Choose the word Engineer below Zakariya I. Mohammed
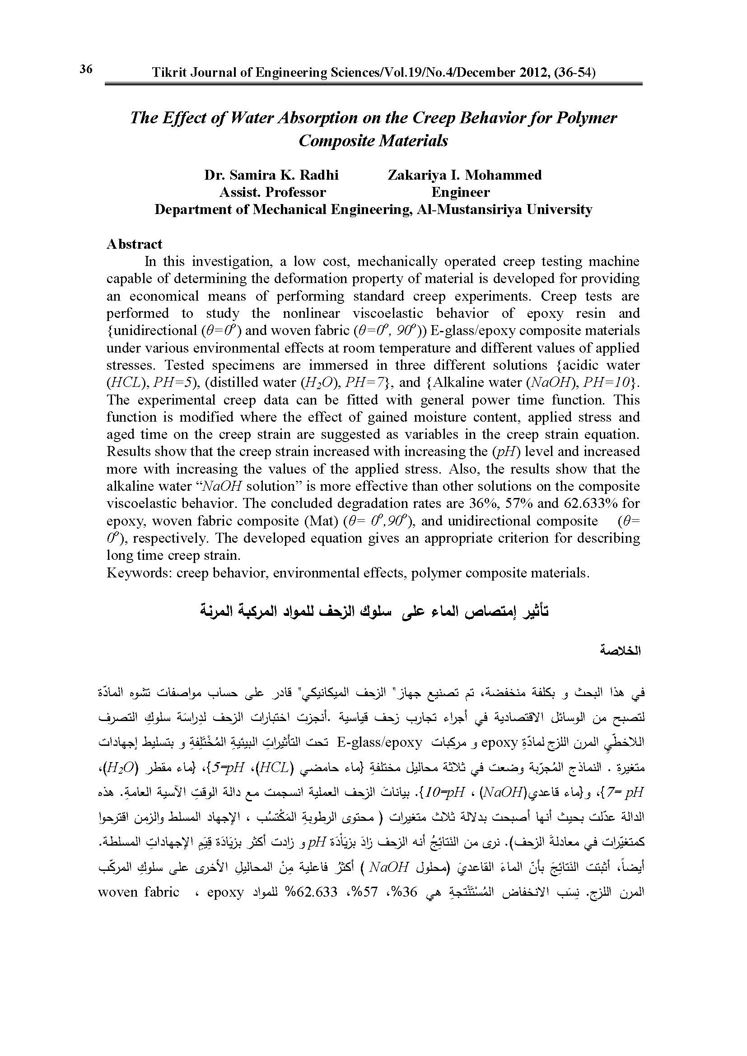coord(460,192)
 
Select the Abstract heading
coord(134,244)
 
